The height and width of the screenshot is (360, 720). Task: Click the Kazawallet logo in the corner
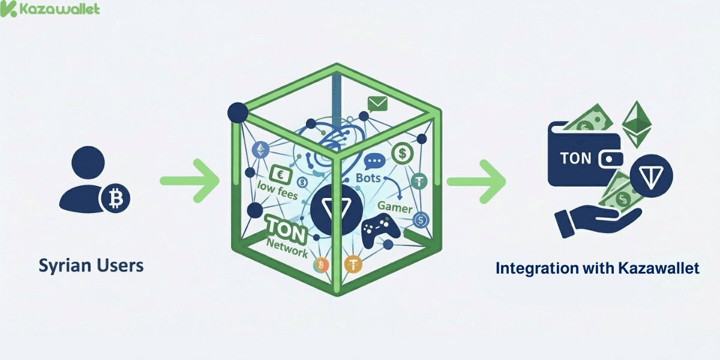coord(50,10)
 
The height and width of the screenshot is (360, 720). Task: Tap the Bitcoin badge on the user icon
coord(115,197)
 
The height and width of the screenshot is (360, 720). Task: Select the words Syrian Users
coord(91,265)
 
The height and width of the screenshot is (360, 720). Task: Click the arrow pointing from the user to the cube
coord(191,180)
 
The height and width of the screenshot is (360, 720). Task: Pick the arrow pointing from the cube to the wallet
coord(476,180)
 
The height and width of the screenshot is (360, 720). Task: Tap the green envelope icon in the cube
coord(378,104)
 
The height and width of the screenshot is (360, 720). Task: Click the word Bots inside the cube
coord(368,179)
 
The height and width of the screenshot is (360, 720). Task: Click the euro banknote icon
coord(278,174)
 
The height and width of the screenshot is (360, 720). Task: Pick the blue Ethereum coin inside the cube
coord(261,149)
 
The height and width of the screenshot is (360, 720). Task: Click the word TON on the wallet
coord(575,158)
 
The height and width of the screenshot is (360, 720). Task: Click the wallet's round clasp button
coord(611,160)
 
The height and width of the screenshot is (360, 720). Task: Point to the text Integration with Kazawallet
coord(597,268)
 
